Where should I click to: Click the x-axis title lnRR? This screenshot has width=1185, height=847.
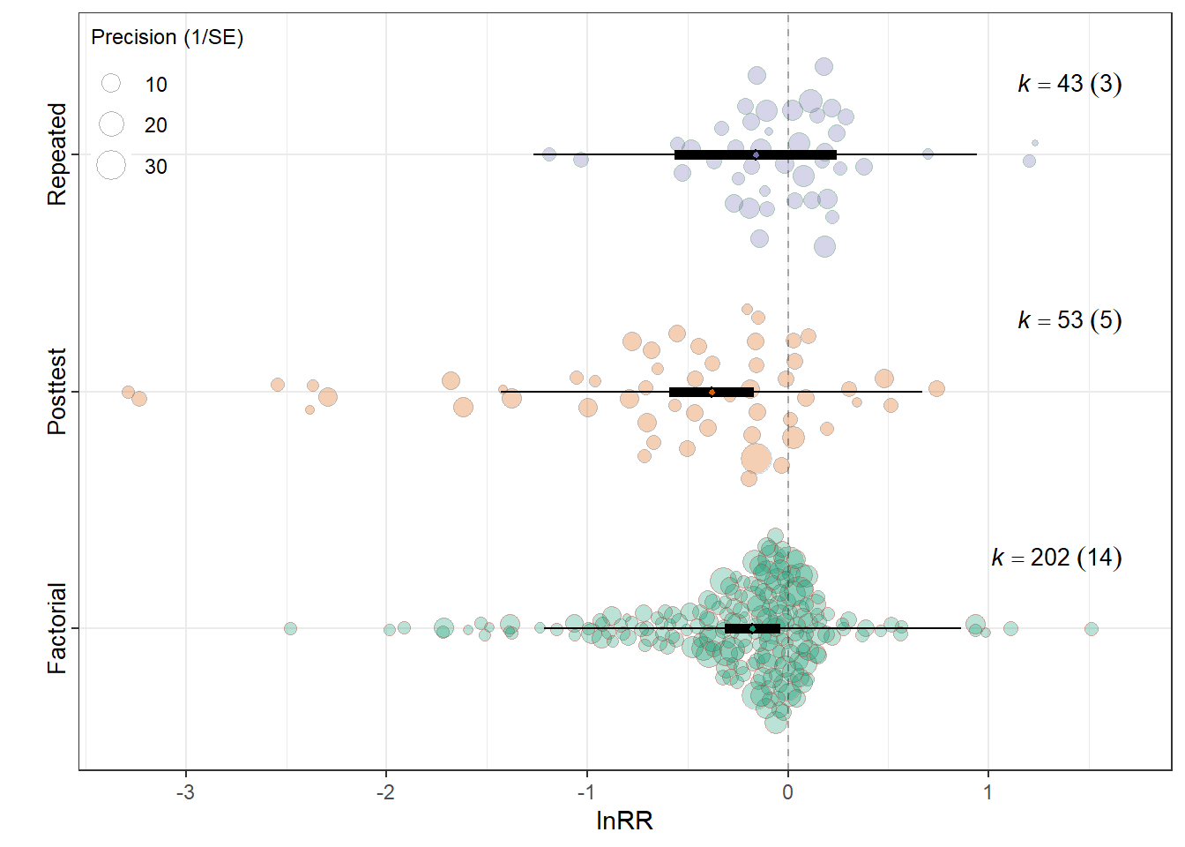[x=624, y=821]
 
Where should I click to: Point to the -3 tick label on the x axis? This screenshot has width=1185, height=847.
[x=185, y=792]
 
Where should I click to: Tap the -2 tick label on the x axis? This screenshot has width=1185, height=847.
[x=385, y=792]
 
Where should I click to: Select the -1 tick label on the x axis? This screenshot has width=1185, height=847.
[x=586, y=792]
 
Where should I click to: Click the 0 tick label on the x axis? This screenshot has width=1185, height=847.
[x=787, y=792]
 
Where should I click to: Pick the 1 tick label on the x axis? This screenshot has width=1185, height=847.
[x=987, y=792]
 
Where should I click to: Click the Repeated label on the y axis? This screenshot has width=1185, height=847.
[x=56, y=154]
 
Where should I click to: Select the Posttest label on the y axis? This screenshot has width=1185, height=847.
[x=56, y=392]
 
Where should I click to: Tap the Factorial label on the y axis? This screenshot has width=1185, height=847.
[x=56, y=628]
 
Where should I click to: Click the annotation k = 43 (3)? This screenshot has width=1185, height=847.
[x=1069, y=84]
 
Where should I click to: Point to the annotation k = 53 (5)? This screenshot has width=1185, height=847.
[x=1069, y=320]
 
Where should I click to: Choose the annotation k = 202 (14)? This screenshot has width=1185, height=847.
[x=1056, y=558]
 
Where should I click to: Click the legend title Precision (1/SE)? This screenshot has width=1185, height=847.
[x=168, y=38]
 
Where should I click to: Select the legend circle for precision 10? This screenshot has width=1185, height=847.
[x=111, y=83]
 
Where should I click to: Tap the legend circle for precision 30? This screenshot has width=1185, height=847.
[x=111, y=165]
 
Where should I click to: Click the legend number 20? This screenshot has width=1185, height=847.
[x=155, y=125]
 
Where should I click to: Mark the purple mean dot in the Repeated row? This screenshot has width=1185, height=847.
[x=756, y=155]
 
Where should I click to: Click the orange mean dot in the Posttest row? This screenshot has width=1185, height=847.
[x=712, y=393]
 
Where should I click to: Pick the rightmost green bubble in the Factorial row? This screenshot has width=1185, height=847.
[x=1092, y=629]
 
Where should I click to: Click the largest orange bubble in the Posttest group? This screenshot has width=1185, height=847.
[x=756, y=459]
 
